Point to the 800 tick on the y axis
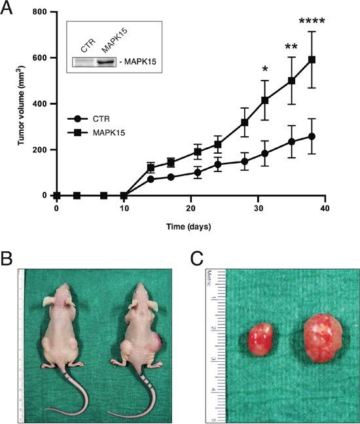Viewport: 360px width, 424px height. pyautogui.click(x=41, y=12)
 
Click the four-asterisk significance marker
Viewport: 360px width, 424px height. pyautogui.click(x=312, y=22)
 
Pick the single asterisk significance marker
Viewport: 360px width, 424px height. pyautogui.click(x=264, y=69)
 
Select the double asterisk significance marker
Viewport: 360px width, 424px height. pyautogui.click(x=291, y=47)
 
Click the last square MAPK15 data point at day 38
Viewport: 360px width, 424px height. pyautogui.click(x=312, y=60)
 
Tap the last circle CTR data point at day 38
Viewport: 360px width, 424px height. pyautogui.click(x=312, y=136)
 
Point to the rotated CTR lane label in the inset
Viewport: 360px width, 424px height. pyautogui.click(x=88, y=46)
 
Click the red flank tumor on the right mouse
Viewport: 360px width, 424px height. pyautogui.click(x=158, y=343)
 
